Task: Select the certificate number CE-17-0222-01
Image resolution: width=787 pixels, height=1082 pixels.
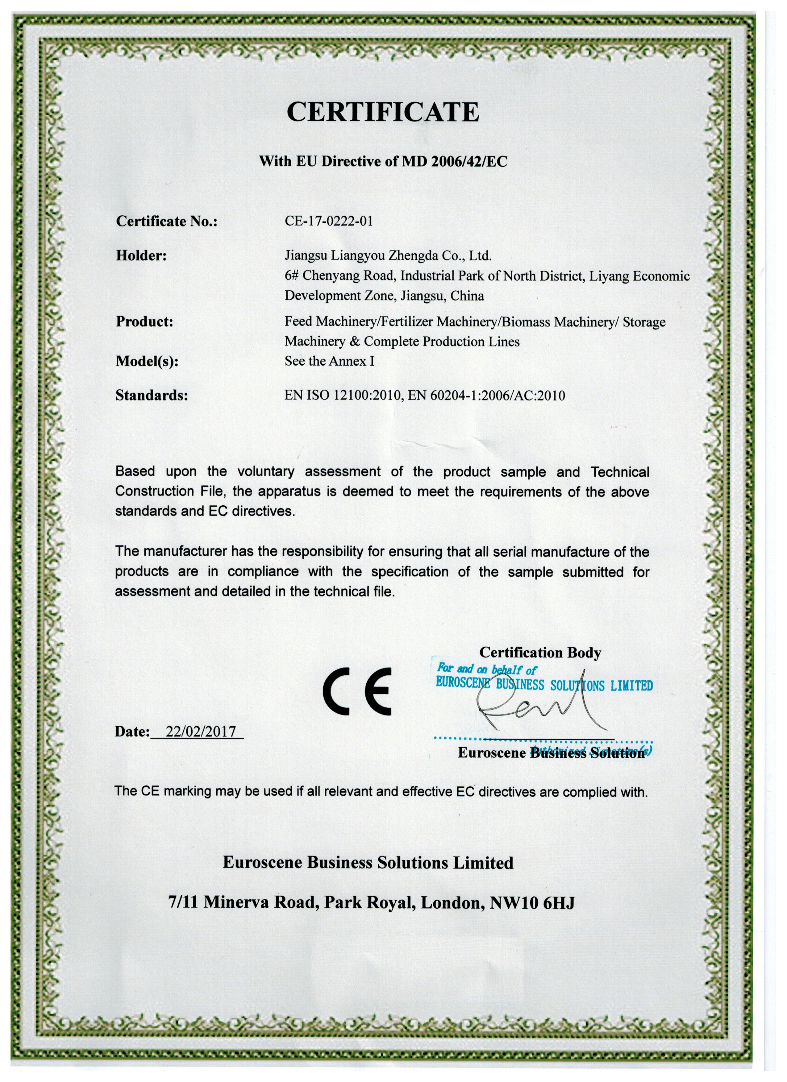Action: coord(328,221)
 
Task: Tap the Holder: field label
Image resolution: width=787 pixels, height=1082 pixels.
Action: coord(141,256)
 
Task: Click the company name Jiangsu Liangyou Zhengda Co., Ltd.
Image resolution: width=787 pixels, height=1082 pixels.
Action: coord(388,256)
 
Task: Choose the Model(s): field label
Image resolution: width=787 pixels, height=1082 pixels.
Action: coord(147,361)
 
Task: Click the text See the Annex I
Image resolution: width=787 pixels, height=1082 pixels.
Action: coord(329,361)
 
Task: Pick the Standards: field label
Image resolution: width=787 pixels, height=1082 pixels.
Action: coord(152,396)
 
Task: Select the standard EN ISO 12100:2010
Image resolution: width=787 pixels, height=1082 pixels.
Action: coord(342,396)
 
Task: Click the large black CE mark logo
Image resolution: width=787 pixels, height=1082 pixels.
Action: coord(357,691)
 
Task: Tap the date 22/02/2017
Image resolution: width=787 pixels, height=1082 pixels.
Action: coord(200,732)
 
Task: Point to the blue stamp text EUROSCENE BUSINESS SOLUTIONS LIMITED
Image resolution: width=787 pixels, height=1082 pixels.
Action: coord(544,685)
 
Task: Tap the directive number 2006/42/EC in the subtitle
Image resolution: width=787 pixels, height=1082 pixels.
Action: coord(469,161)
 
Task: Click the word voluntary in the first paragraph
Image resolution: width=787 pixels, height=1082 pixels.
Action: coord(266,472)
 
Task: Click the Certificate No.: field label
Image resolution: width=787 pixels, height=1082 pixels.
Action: coord(167,221)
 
